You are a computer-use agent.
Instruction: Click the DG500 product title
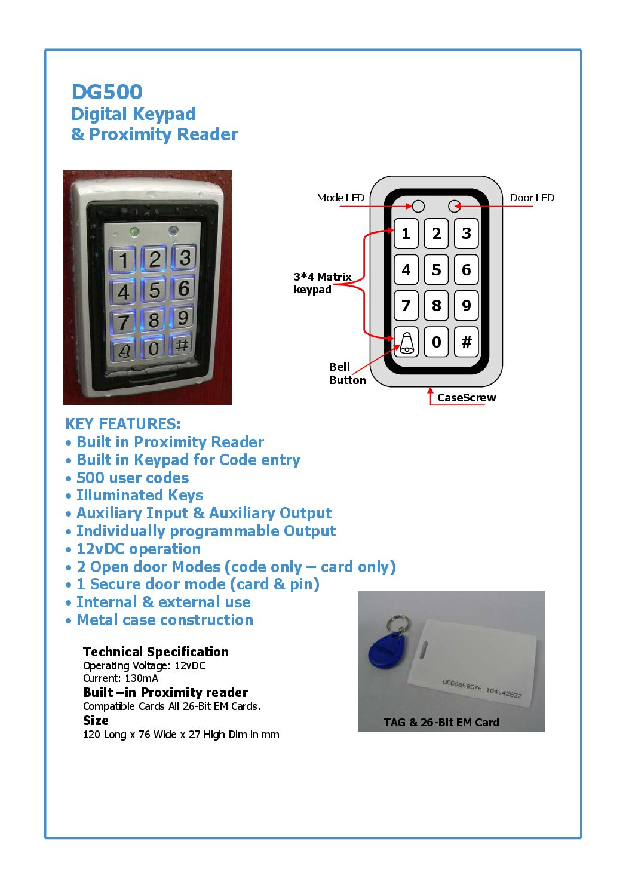107,92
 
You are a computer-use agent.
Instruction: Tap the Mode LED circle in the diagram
418,206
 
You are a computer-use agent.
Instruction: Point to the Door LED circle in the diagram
454,206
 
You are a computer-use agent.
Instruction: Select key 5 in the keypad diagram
436,269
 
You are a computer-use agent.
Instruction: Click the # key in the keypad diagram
467,342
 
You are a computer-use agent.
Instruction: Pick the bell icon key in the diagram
406,342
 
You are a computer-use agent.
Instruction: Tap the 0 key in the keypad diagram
436,342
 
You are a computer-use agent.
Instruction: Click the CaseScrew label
466,398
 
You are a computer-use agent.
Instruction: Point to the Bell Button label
347,374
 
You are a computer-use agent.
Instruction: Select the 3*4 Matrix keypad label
322,283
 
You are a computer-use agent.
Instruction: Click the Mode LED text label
340,198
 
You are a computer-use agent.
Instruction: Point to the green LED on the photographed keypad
134,231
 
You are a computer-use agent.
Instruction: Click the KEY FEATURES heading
123,424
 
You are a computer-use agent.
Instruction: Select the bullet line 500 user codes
133,478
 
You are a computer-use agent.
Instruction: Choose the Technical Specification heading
156,652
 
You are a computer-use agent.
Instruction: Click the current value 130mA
142,678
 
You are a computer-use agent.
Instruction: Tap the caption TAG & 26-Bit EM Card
441,722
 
